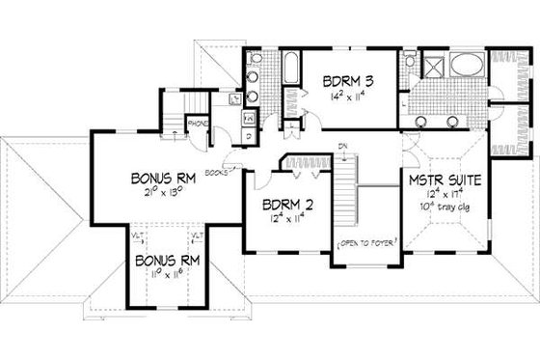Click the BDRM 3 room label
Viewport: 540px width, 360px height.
point(347,82)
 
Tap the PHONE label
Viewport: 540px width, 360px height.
point(198,123)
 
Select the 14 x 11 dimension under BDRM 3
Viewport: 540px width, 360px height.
point(347,97)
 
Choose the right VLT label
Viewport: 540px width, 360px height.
point(197,235)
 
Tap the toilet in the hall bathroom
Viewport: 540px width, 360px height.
point(254,59)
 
